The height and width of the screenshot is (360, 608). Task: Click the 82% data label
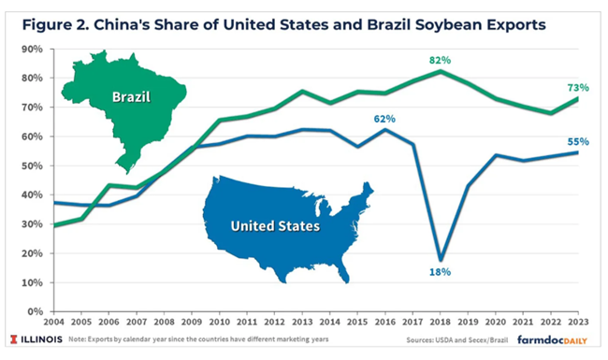click(x=441, y=61)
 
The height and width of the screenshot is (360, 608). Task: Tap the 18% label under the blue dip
click(x=441, y=272)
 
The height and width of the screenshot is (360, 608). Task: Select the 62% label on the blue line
click(x=384, y=119)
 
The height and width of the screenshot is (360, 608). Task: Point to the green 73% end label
click(x=578, y=88)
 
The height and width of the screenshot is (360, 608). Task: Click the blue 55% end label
click(x=578, y=142)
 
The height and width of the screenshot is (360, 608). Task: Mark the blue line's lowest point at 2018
click(x=441, y=259)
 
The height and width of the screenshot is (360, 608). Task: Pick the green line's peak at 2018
click(x=441, y=71)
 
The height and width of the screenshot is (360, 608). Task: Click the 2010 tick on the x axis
click(x=219, y=322)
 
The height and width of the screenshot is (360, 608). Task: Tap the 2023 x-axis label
click(x=578, y=322)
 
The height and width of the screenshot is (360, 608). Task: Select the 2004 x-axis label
click(x=54, y=322)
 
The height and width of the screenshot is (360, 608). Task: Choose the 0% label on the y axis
click(x=36, y=311)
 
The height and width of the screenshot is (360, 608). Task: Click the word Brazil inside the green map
click(x=131, y=97)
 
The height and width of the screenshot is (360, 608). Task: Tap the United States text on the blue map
click(x=275, y=226)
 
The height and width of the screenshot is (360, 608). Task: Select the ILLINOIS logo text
click(x=36, y=339)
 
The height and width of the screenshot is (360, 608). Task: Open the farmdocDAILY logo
click(x=552, y=339)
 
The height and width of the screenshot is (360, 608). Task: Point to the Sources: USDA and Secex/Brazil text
click(x=457, y=340)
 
